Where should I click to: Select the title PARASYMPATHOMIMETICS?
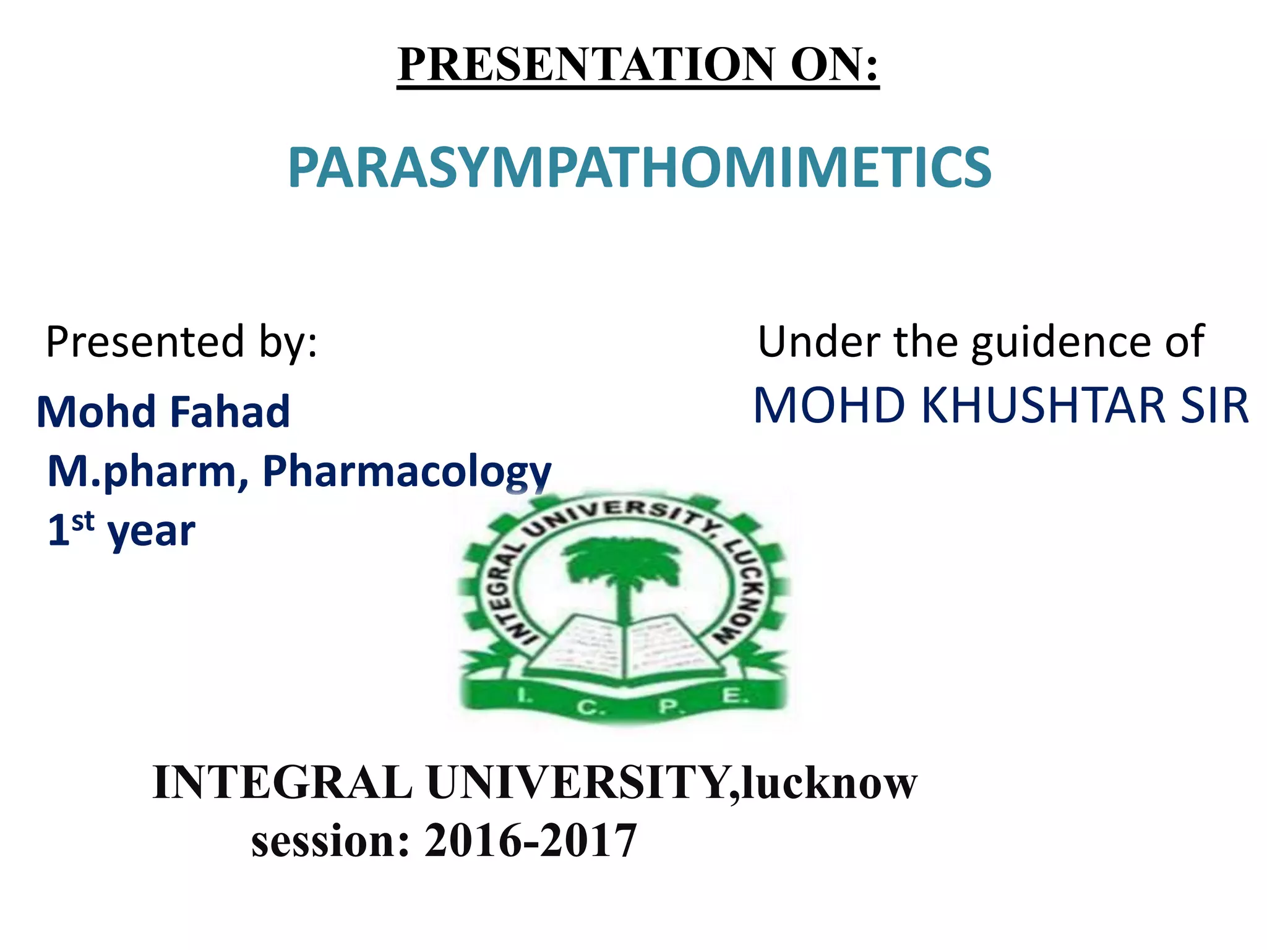(640, 168)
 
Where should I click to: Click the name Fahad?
(230, 412)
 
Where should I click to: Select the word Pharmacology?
(406, 471)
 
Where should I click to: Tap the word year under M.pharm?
(151, 532)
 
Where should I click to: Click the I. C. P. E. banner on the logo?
(625, 702)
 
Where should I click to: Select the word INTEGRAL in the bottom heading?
(282, 783)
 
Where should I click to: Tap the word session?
(330, 842)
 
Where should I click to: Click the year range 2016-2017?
(530, 842)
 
